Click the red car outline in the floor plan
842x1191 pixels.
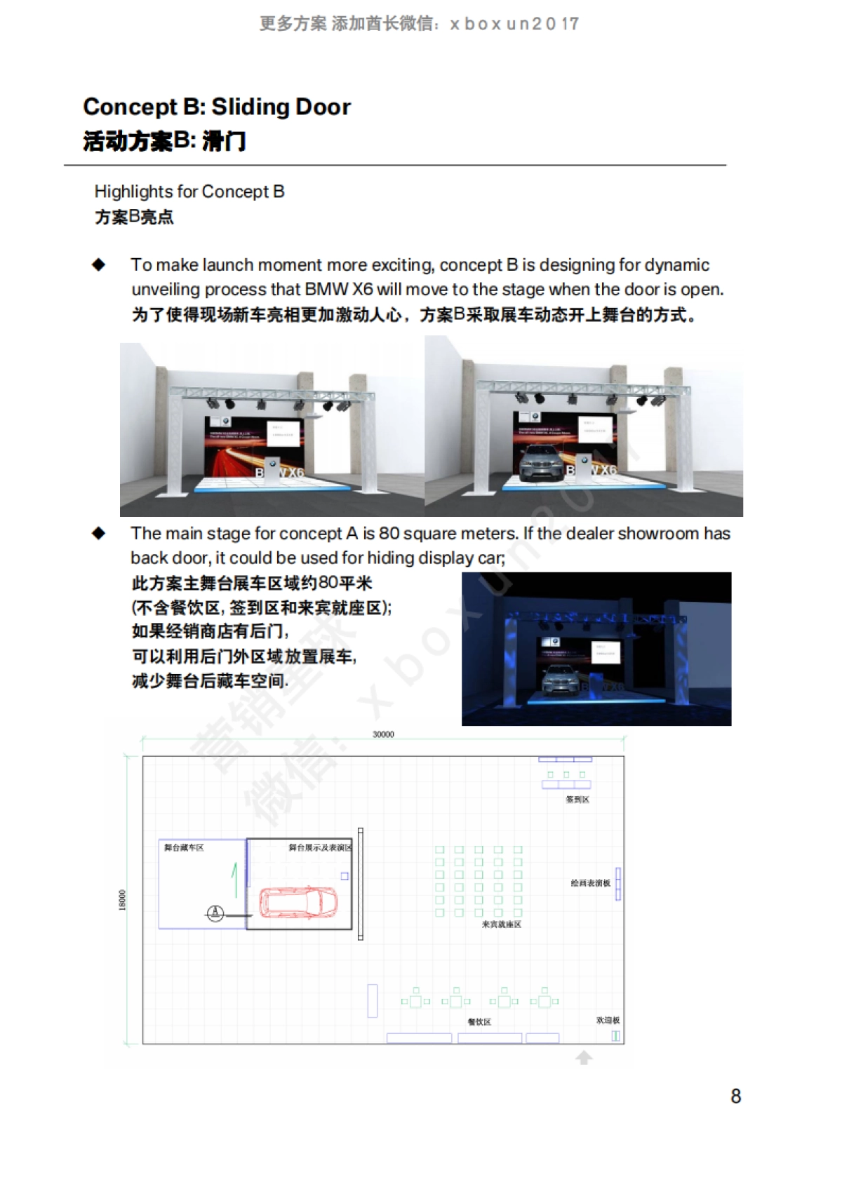coord(299,902)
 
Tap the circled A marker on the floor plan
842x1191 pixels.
coord(215,913)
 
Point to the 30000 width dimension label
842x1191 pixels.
coord(383,734)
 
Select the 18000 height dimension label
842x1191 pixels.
coord(123,900)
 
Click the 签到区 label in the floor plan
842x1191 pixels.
coord(577,800)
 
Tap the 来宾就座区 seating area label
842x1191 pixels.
coord(501,924)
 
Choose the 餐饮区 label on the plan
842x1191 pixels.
coord(479,1022)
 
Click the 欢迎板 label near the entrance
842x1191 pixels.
coord(608,1021)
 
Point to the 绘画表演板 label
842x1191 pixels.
coord(590,883)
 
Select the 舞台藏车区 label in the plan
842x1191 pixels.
coord(184,848)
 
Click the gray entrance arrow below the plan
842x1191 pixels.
coord(584,1057)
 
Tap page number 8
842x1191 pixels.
coord(735,1096)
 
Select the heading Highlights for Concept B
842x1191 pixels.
coord(189,191)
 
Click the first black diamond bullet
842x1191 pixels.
coord(99,264)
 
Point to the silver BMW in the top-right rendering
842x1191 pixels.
coord(542,464)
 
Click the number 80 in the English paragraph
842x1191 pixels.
coord(389,534)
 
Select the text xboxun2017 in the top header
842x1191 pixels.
coord(514,24)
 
